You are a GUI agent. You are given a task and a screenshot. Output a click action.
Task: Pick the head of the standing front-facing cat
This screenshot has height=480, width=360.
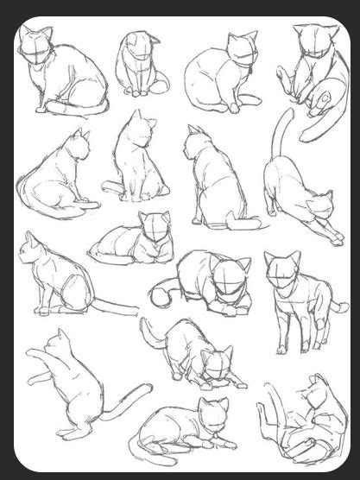click(x=282, y=271)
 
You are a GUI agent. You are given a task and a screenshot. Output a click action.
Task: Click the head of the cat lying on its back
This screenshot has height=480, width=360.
click(x=316, y=397)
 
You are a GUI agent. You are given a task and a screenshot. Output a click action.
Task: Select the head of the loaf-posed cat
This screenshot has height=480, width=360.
click(x=156, y=229)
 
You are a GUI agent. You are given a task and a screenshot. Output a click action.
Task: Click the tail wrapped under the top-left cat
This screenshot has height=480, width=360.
click(x=73, y=109)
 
